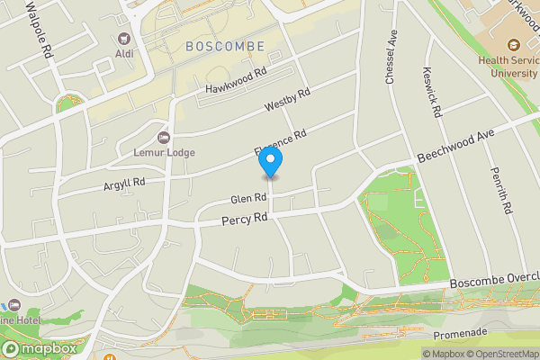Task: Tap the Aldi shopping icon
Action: coord(123,40)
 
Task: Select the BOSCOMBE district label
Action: coord(224,46)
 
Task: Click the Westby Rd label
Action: coord(287,100)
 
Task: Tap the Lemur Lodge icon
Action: coord(163,137)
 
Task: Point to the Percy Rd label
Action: coord(246,219)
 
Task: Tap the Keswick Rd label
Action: coord(434,91)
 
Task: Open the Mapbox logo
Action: coord(38,348)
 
